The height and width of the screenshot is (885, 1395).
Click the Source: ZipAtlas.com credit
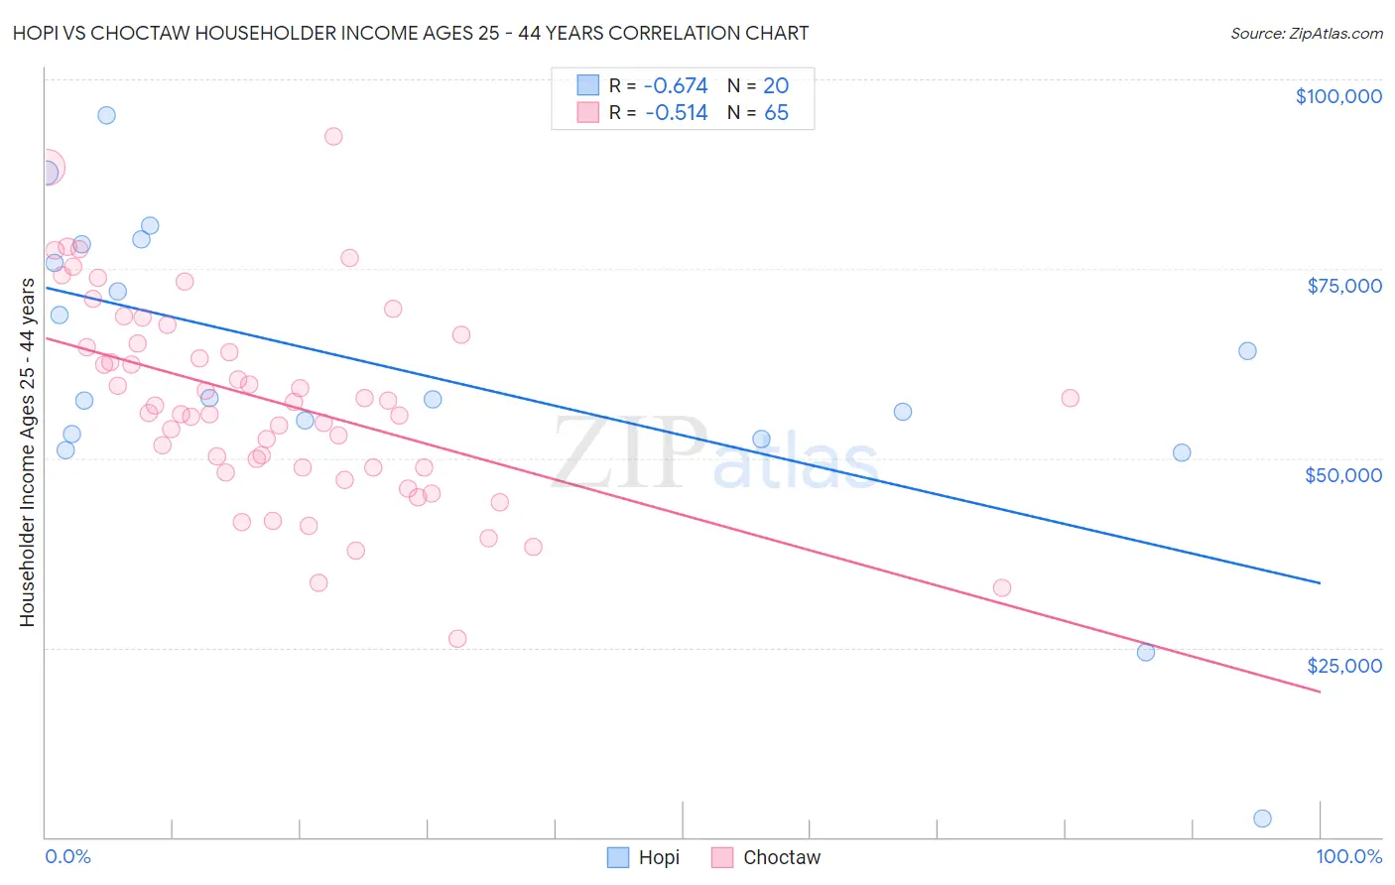click(x=1306, y=33)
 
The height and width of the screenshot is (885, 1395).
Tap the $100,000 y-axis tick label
click(x=1338, y=96)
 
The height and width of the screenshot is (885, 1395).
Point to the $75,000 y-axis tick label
click(x=1344, y=286)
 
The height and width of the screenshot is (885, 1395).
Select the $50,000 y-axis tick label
click(x=1343, y=475)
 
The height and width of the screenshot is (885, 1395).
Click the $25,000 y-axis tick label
click(x=1344, y=666)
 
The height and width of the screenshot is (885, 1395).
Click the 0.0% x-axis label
click(x=67, y=856)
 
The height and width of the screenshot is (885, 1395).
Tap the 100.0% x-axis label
click(x=1348, y=856)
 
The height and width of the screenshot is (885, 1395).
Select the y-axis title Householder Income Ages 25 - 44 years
click(x=28, y=452)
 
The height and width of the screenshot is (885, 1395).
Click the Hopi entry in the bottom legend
click(x=659, y=857)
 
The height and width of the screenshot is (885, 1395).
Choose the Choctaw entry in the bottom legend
click(x=782, y=857)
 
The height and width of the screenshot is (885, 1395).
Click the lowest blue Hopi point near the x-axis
click(x=1262, y=819)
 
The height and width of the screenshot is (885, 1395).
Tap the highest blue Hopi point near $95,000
click(x=106, y=115)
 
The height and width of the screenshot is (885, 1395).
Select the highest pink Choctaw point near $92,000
click(x=333, y=137)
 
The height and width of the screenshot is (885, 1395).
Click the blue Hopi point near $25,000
click(x=1146, y=652)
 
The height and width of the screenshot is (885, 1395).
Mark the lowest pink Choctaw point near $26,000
click(x=457, y=639)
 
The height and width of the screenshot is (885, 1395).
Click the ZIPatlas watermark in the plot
click(x=714, y=454)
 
